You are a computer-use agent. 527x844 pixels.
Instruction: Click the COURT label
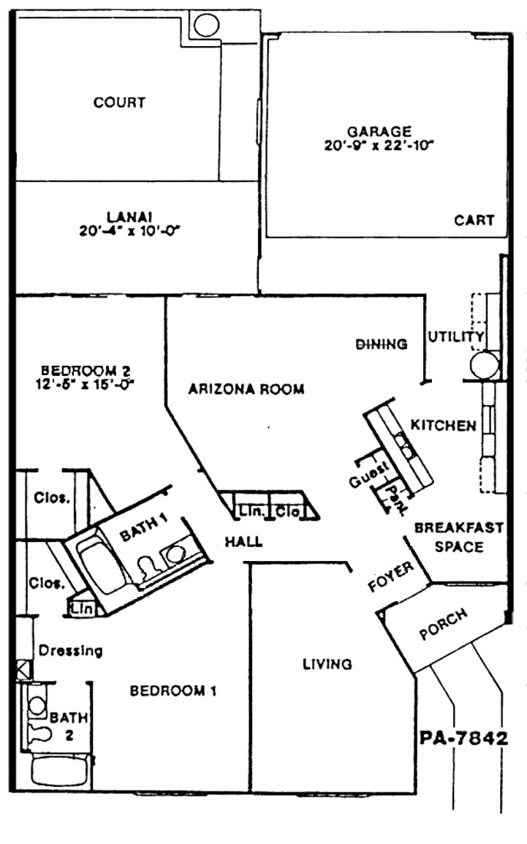pos(119,102)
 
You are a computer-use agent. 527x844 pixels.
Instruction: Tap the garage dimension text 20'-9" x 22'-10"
pos(379,146)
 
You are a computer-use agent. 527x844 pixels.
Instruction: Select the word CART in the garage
pos(474,220)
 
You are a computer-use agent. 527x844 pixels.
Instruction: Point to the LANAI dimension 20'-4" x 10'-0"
pos(129,231)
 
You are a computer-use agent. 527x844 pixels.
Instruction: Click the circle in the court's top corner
pos(206,26)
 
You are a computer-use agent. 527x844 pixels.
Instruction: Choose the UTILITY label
pos(456,337)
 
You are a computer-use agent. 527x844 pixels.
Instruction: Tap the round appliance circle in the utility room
pos(485,365)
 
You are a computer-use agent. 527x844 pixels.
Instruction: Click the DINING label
pos(382,344)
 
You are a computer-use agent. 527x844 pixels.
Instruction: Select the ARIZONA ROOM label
pos(246,388)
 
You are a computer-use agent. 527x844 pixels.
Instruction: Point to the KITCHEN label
pos(444,425)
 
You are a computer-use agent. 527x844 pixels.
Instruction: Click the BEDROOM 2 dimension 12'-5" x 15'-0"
pos(87,384)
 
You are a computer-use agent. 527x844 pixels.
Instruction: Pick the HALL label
pos(243,541)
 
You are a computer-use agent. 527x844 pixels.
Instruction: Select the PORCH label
pos(443,625)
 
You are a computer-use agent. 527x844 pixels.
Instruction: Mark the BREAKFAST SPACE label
pos(459,537)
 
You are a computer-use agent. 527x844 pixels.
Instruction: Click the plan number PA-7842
pos(463,737)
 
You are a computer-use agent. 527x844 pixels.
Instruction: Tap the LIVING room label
pos(327,664)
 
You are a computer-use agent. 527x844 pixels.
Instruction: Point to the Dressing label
pos(70,651)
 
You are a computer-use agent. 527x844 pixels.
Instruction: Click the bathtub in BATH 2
pos(59,770)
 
